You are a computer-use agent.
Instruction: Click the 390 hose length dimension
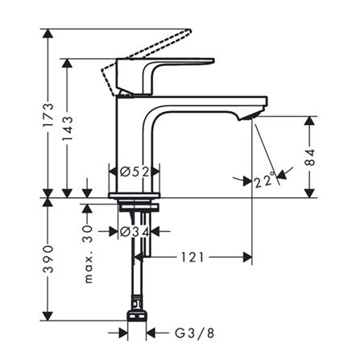pyautogui.click(x=49, y=256)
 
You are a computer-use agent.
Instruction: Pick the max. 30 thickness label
pyautogui.click(x=90, y=254)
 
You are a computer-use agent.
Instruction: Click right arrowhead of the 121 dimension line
pyautogui.click(x=250, y=258)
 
